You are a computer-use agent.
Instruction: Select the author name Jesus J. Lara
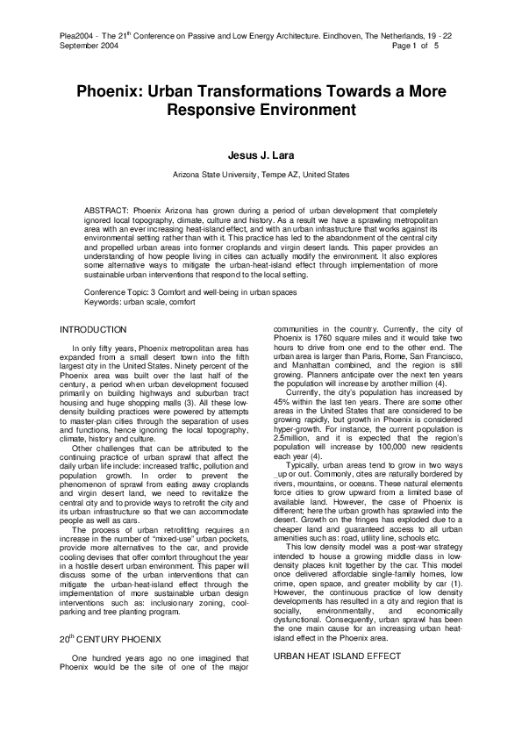click(x=261, y=156)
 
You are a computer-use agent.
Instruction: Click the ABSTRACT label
click(x=105, y=212)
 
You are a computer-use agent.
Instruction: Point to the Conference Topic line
click(x=196, y=291)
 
